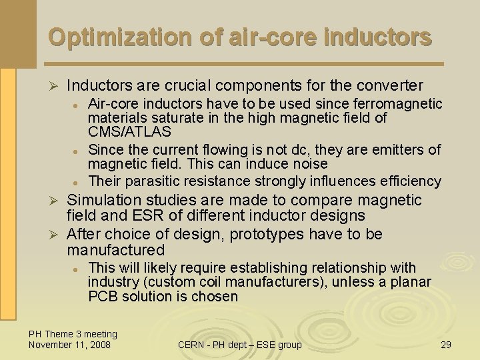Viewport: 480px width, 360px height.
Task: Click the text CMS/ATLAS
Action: pos(129,132)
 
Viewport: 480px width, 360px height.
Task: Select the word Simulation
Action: pos(104,200)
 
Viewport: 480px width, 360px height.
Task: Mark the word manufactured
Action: pos(115,251)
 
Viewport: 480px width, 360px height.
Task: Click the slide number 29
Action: pos(445,345)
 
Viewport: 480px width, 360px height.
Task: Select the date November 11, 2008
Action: pos(69,345)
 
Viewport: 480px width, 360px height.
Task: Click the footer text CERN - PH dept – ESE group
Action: pos(239,345)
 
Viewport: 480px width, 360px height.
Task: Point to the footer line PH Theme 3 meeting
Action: pos(73,334)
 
